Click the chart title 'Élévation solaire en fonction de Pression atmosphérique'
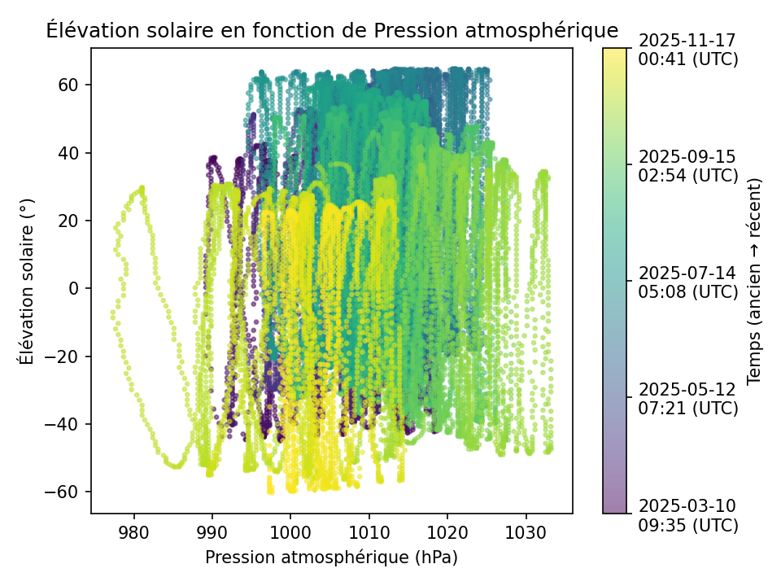click(332, 31)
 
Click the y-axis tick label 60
click(69, 85)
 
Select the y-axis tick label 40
click(69, 153)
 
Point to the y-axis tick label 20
click(69, 221)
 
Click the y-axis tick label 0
click(74, 288)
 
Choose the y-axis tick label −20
click(63, 356)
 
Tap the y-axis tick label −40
click(63, 424)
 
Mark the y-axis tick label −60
click(63, 492)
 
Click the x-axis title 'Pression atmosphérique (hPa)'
click(331, 558)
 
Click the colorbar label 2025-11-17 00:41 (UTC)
click(688, 50)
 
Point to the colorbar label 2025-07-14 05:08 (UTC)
click(688, 282)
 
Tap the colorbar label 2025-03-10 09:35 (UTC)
click(688, 515)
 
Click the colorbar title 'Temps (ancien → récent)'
click(754, 281)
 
